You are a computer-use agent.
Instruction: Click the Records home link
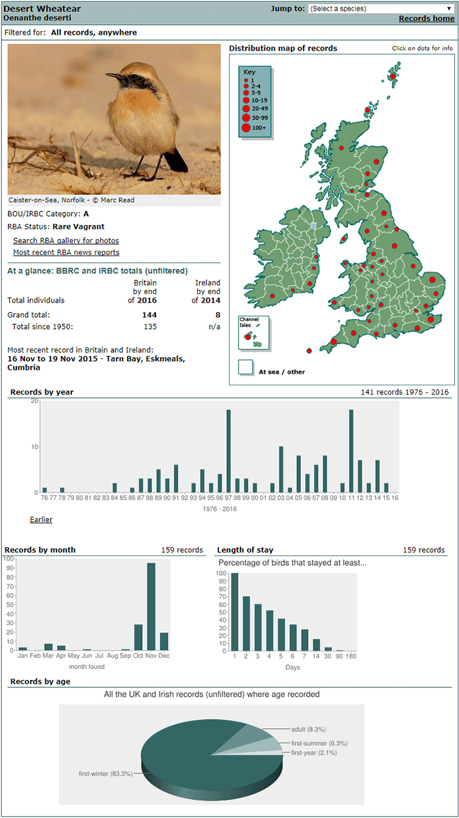click(426, 18)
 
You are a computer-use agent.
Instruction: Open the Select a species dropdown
click(381, 9)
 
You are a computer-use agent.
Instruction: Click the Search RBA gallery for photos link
click(66, 241)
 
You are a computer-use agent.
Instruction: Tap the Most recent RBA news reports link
click(66, 252)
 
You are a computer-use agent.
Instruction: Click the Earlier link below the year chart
click(41, 519)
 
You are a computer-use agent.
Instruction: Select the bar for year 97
click(228, 451)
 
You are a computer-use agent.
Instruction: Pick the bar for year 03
click(281, 469)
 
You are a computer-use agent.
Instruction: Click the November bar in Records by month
click(151, 607)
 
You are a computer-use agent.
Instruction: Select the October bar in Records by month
click(138, 637)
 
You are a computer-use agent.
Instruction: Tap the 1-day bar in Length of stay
click(235, 612)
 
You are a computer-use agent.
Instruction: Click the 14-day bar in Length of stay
click(316, 645)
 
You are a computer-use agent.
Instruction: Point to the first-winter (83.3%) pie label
click(106, 774)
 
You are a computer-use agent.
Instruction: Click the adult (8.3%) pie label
click(308, 729)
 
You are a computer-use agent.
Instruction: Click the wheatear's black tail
click(176, 160)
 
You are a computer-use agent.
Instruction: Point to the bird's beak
click(113, 75)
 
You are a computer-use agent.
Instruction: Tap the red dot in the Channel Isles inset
click(248, 337)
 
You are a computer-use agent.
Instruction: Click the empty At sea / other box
click(245, 367)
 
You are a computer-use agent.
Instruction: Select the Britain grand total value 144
click(150, 314)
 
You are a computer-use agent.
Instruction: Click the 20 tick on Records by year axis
click(34, 401)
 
